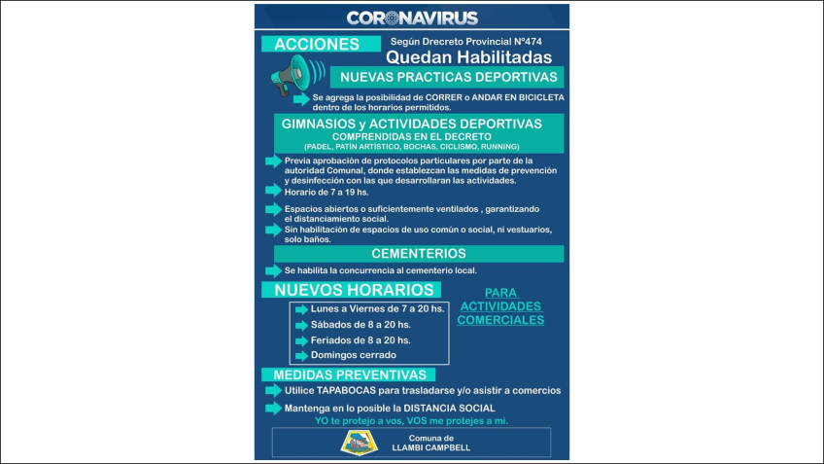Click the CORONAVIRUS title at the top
(x=411, y=18)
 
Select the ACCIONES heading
(x=316, y=44)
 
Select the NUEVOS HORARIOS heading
(x=354, y=290)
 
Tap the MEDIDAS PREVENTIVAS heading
(x=350, y=375)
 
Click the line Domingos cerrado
(x=353, y=355)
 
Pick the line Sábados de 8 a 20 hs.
(x=360, y=324)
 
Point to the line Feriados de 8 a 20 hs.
(x=360, y=339)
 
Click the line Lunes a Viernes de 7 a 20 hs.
(x=377, y=308)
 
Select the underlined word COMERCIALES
(x=501, y=319)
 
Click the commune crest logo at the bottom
(x=355, y=442)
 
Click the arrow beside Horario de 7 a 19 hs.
(x=273, y=192)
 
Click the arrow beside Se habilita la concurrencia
(x=273, y=269)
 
